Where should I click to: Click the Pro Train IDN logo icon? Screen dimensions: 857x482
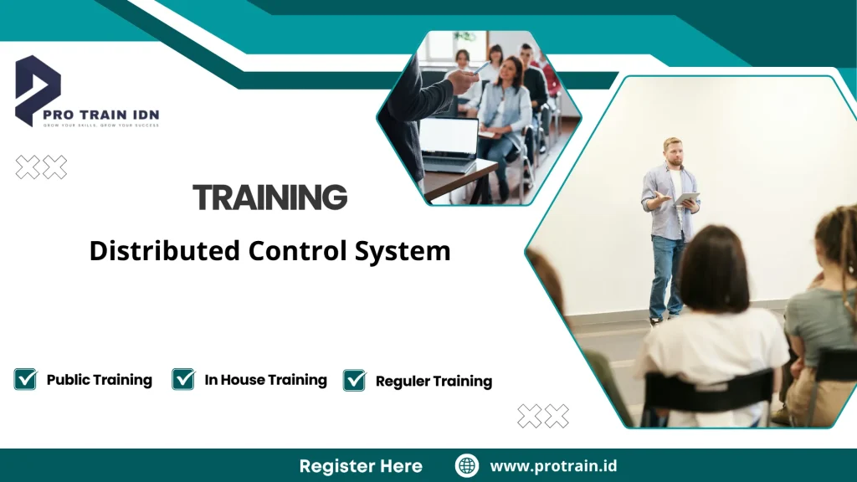pyautogui.click(x=37, y=90)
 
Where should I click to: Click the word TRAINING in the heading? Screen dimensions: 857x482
pyautogui.click(x=270, y=197)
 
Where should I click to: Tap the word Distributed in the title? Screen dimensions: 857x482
pyautogui.click(x=165, y=251)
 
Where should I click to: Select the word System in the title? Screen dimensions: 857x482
pyautogui.click(x=403, y=252)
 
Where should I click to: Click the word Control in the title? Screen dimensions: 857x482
pyautogui.click(x=297, y=251)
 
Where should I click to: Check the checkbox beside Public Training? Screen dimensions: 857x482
pyautogui.click(x=26, y=379)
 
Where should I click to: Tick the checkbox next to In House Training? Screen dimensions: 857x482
pyautogui.click(x=183, y=379)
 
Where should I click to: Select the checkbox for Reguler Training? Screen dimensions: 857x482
pyautogui.click(x=355, y=380)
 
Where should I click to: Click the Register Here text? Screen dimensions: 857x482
pyautogui.click(x=361, y=466)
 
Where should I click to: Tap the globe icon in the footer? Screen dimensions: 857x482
pyautogui.click(x=467, y=466)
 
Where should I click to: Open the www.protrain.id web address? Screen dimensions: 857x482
pyautogui.click(x=553, y=466)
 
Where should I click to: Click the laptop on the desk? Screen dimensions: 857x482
pyautogui.click(x=449, y=144)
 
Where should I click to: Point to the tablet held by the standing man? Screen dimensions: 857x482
pyautogui.click(x=686, y=199)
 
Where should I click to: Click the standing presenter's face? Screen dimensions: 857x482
pyautogui.click(x=674, y=153)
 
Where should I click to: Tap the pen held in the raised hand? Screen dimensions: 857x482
pyautogui.click(x=481, y=69)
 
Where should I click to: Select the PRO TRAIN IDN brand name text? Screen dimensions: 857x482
pyautogui.click(x=101, y=115)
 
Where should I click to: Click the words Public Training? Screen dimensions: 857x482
pyautogui.click(x=100, y=380)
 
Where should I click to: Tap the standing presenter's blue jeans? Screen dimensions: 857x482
pyautogui.click(x=665, y=277)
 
